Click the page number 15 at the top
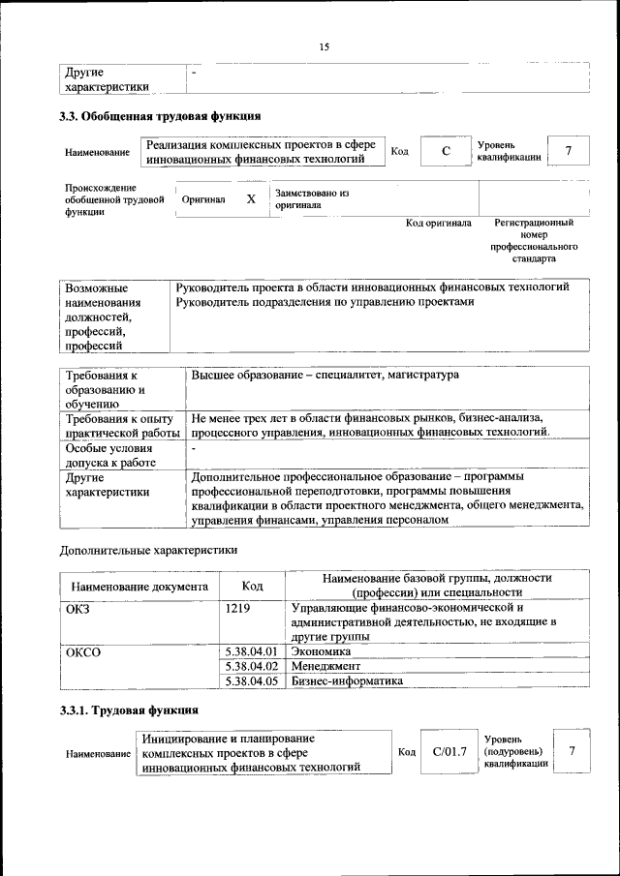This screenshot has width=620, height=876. (x=324, y=48)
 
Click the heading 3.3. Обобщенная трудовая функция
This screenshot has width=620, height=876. (x=160, y=117)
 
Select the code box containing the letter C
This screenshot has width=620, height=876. (x=445, y=151)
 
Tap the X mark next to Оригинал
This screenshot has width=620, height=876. (x=251, y=198)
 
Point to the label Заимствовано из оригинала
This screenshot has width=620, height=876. (x=311, y=198)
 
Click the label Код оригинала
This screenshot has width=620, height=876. (x=438, y=224)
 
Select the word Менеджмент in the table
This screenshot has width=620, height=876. (x=325, y=666)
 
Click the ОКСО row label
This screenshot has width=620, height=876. (x=82, y=651)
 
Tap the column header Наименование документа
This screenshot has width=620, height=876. (x=139, y=586)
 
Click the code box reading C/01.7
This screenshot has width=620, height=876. (x=449, y=751)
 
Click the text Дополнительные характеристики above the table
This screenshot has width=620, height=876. (x=148, y=550)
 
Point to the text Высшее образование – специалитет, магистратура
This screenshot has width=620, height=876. (x=325, y=374)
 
